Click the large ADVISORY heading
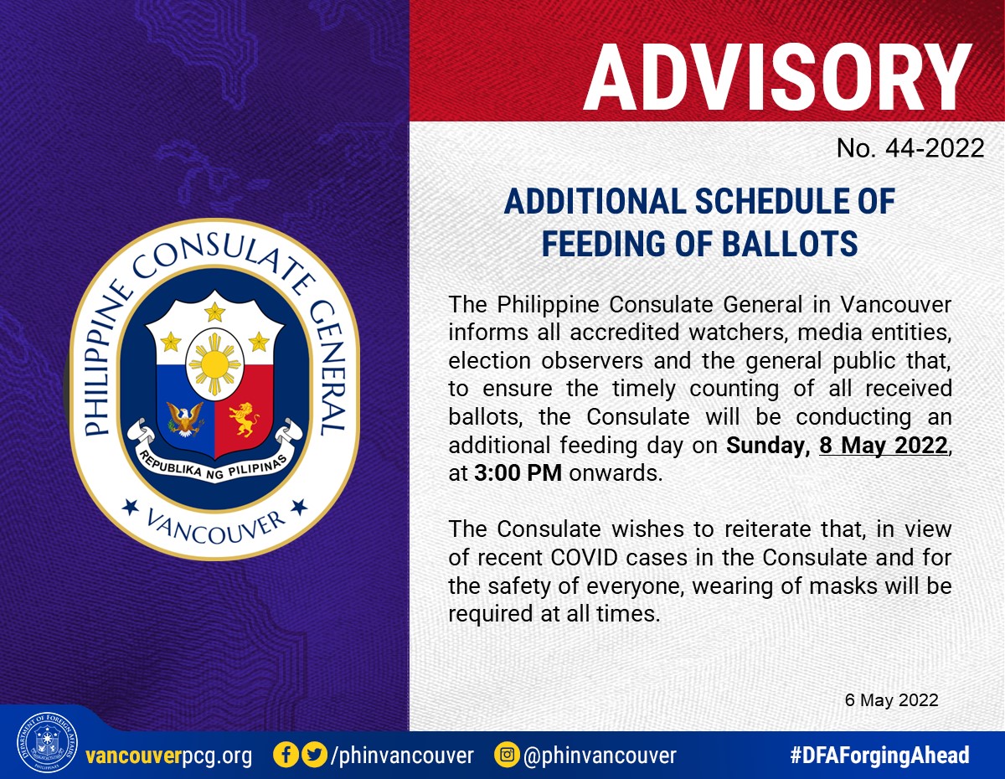click(x=777, y=77)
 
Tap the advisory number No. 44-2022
click(x=910, y=148)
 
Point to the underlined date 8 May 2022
click(x=884, y=445)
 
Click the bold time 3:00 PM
click(x=518, y=473)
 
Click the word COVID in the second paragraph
click(x=585, y=558)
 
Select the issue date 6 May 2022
click(x=891, y=700)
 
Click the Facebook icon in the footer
click(x=286, y=755)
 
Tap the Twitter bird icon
click(x=315, y=755)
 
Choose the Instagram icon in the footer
click(x=507, y=755)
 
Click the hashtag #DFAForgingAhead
click(x=879, y=756)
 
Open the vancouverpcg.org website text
click(x=169, y=756)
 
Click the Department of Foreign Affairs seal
click(x=47, y=742)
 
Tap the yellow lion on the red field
click(x=243, y=419)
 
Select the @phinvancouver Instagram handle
click(x=600, y=756)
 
